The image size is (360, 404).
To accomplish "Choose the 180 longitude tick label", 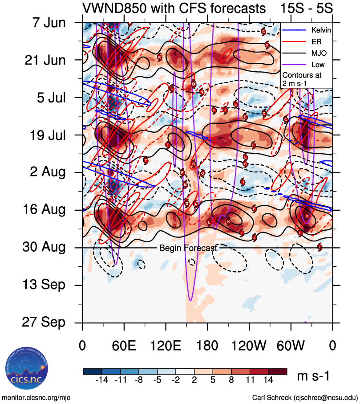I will tap(207, 345).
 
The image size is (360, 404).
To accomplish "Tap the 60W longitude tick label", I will tap(291, 345).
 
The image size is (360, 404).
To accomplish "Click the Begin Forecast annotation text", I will tap(188, 248).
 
